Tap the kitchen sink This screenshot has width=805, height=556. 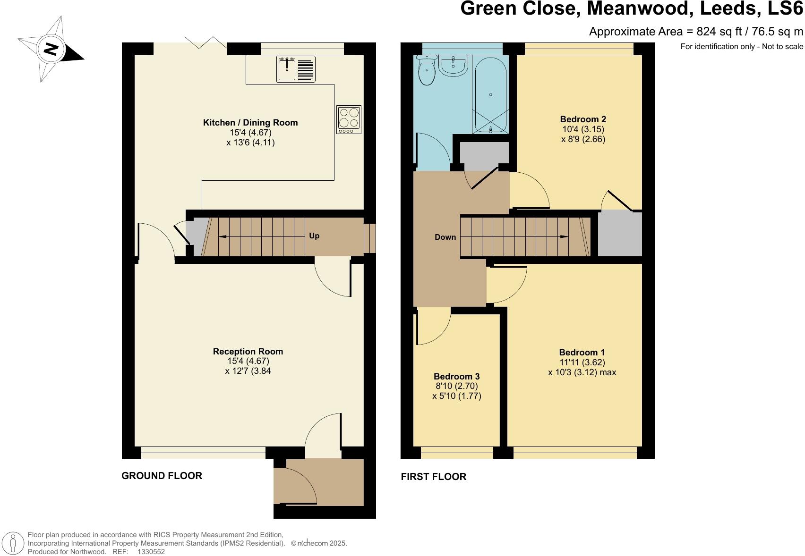coord(287,69)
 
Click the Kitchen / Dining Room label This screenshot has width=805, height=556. coord(250,123)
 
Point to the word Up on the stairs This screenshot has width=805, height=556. coord(314,236)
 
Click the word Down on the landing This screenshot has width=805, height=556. coord(445,237)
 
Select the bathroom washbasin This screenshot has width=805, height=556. coord(453,65)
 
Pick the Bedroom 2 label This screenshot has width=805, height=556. coord(583,119)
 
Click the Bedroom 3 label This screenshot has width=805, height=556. coord(457,376)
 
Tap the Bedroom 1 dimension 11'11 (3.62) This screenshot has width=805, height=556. coord(582,362)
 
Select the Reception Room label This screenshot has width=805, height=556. coord(248,351)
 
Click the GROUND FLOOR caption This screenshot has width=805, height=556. coord(162,476)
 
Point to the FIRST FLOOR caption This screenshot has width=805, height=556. coord(433,477)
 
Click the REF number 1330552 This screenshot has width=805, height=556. coord(151,551)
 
